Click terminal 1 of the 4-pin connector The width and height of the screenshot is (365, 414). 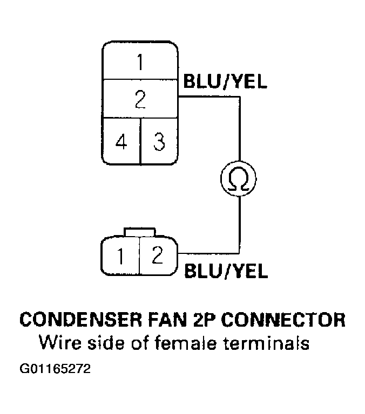click(x=140, y=63)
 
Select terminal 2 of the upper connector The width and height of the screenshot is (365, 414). click(x=140, y=99)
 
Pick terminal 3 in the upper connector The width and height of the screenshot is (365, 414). click(x=159, y=142)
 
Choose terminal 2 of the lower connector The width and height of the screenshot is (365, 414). click(x=158, y=255)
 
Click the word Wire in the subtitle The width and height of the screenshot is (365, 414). click(x=56, y=343)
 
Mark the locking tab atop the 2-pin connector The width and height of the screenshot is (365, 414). click(x=140, y=231)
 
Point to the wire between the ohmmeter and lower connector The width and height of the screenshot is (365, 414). click(x=238, y=226)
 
